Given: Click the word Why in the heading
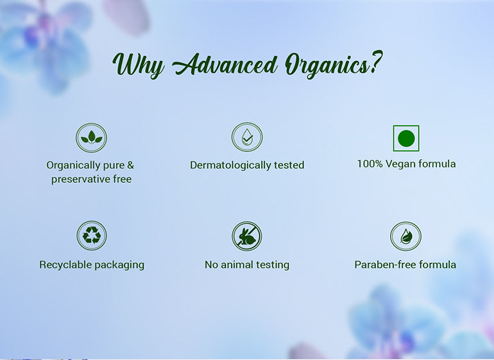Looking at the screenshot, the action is [139, 65].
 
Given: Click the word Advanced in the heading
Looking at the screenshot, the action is [225, 65].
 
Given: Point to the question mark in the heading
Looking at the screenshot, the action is [376, 62].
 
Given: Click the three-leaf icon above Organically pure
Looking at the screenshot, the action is [91, 138].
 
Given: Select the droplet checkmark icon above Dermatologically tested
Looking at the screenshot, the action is [247, 137].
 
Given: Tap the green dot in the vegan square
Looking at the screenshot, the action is [406, 139].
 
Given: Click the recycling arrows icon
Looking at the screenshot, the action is [92, 236].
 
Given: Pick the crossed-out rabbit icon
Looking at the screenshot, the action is [247, 236].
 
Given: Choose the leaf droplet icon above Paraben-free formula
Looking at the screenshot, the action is [405, 236].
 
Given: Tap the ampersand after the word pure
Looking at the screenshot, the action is [130, 165].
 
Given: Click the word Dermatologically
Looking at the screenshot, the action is [230, 166].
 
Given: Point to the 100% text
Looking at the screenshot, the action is [370, 164].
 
